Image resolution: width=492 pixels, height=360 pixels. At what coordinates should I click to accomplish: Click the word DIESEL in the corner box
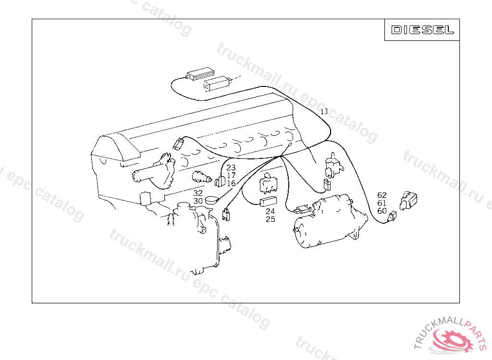coord(422,30)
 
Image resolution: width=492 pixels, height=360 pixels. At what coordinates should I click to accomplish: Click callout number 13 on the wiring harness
coord(324,111)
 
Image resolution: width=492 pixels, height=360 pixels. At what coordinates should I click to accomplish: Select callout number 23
coord(231,168)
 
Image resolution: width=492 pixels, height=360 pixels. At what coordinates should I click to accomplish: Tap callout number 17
coord(231,176)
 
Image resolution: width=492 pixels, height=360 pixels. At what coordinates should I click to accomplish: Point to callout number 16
coord(231,183)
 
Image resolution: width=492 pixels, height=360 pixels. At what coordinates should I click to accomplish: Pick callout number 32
coord(198,193)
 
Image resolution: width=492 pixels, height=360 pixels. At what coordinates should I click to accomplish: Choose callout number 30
coord(198,201)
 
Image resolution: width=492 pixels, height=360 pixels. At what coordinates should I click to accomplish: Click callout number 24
coord(270,211)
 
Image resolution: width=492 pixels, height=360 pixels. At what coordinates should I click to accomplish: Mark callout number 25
coord(270,219)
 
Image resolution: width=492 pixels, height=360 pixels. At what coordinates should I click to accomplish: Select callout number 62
coord(382,195)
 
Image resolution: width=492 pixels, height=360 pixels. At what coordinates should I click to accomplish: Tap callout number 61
coord(382,203)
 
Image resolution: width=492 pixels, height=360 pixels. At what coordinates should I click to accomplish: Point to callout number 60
coord(382,211)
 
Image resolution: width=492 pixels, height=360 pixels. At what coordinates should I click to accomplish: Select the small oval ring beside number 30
coord(212,200)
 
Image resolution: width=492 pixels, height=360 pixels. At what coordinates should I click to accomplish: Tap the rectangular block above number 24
coord(268,201)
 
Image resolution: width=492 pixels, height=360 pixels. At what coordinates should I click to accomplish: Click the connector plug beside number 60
coord(392,216)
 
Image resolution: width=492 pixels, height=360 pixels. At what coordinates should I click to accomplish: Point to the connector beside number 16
coord(220,181)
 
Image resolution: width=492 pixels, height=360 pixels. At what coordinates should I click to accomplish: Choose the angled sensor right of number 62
coord(408,200)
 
